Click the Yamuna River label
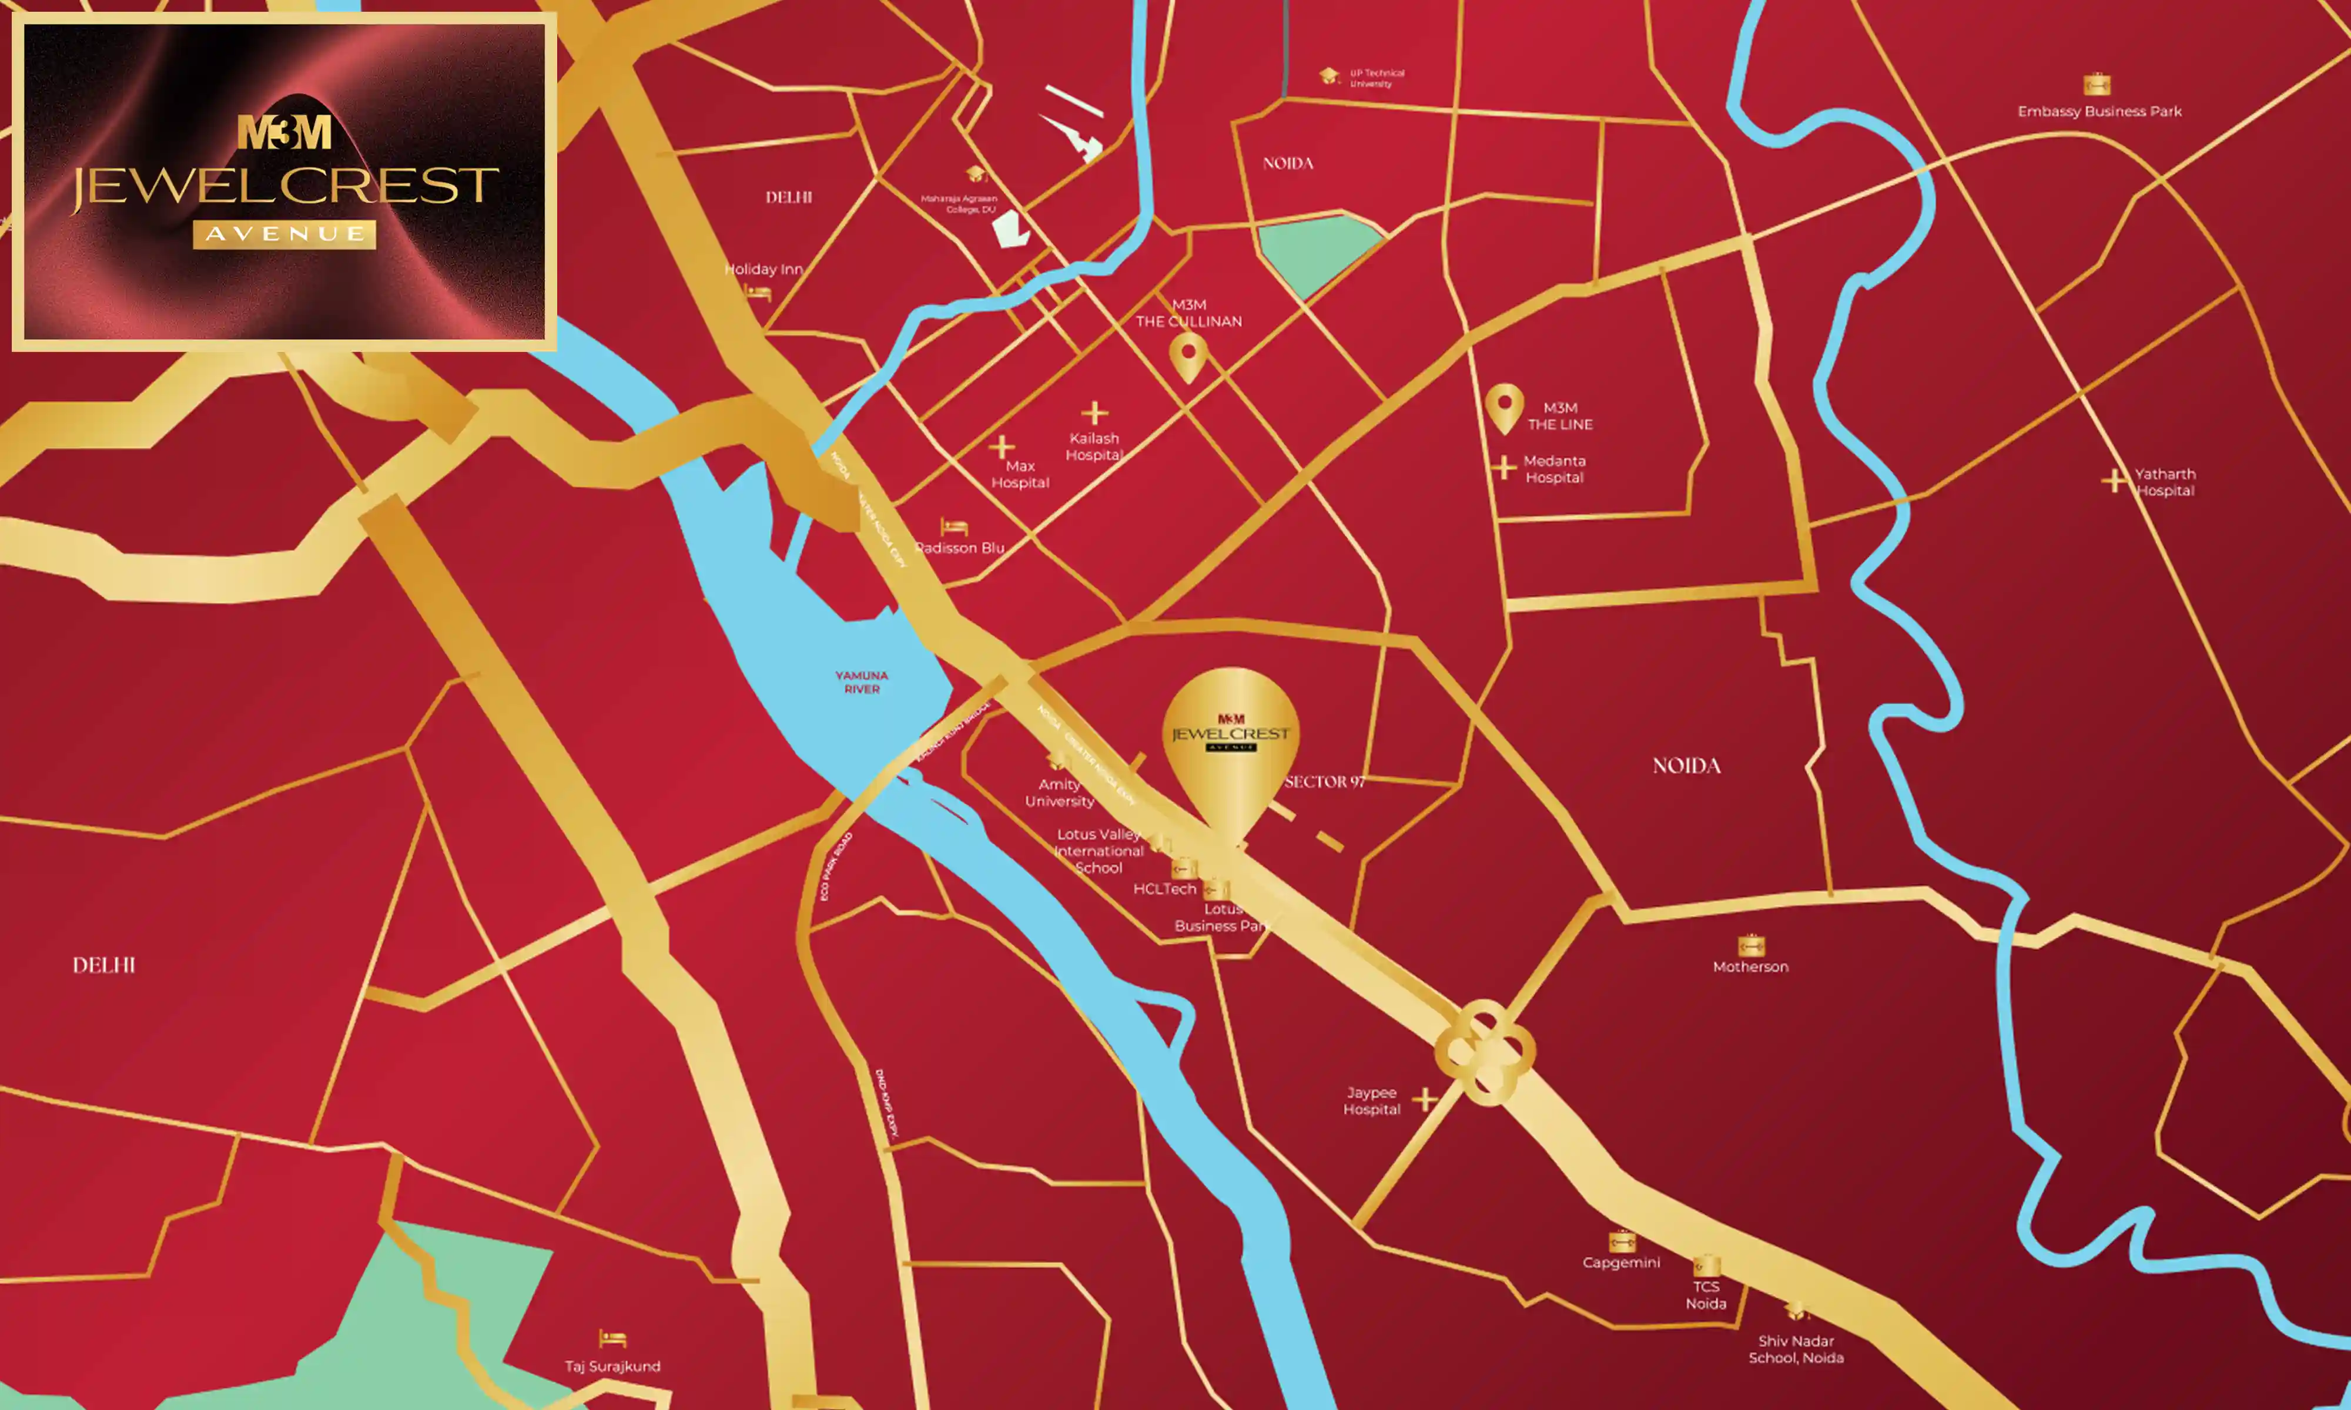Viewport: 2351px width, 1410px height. pos(861,682)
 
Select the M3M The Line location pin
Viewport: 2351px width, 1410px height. pos(1504,407)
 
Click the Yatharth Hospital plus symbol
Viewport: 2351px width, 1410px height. pos(2114,481)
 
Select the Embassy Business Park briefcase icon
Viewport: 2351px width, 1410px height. pos(2097,85)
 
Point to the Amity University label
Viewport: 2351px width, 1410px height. pos(1059,793)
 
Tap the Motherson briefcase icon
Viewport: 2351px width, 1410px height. pos(1750,945)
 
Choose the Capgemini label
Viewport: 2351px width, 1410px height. pos(1621,1263)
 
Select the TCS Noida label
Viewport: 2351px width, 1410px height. pos(1706,1295)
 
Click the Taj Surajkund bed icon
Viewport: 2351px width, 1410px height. pos(612,1339)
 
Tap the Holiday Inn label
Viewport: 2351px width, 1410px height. pos(763,269)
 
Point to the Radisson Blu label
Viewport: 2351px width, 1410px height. pos(960,548)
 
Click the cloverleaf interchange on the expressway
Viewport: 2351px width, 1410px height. pos(1484,1052)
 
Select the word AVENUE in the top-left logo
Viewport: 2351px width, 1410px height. pos(284,234)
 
